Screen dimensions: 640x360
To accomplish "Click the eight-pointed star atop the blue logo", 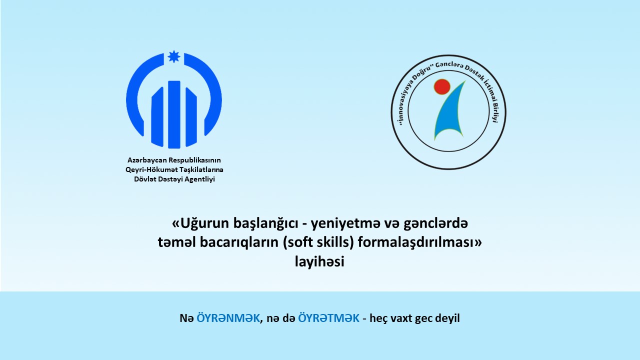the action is tap(173, 56).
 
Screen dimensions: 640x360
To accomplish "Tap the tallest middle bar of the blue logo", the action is tap(174, 114).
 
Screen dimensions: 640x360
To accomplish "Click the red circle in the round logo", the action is tap(442, 87).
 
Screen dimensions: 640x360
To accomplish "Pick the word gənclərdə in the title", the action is tap(435, 223).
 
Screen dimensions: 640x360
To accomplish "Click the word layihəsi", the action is tap(319, 261).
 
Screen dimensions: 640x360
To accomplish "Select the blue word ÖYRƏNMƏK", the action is tap(228, 318).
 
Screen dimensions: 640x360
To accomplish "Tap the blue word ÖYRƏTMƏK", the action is tap(328, 318).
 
